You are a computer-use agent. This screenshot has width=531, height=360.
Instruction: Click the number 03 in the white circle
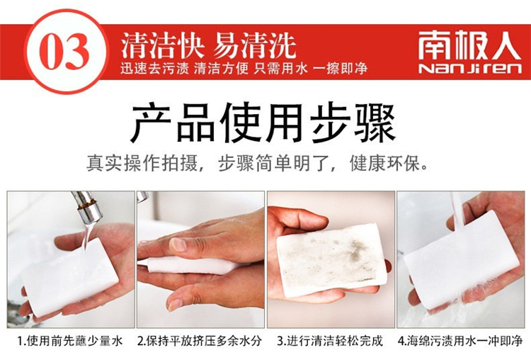pyautogui.click(x=64, y=52)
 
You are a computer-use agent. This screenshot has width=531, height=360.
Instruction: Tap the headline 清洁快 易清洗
pyautogui.click(x=209, y=45)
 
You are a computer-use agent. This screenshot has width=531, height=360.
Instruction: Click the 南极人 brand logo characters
pyautogui.click(x=469, y=46)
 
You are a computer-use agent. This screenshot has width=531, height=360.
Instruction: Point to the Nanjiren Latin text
pyautogui.click(x=470, y=68)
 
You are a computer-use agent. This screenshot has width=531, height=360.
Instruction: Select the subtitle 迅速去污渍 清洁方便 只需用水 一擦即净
pyautogui.click(x=244, y=69)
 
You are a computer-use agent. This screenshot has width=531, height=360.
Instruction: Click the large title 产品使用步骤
pyautogui.click(x=263, y=124)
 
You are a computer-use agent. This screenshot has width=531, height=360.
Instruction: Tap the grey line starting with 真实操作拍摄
pyautogui.click(x=258, y=164)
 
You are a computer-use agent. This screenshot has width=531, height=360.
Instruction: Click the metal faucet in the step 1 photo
pyautogui.click(x=86, y=207)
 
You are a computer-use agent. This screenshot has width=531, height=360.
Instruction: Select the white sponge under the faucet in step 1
pyautogui.click(x=71, y=276)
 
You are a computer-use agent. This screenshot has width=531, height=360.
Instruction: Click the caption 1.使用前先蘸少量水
pyautogui.click(x=70, y=341)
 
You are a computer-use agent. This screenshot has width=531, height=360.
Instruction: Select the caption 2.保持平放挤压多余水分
pyautogui.click(x=200, y=341)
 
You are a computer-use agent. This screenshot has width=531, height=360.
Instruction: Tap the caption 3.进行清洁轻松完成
pyautogui.click(x=330, y=341)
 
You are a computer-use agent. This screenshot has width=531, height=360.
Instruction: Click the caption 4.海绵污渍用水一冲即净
pyautogui.click(x=461, y=341)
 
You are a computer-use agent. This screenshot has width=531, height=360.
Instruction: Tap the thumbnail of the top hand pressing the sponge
pyautogui.click(x=179, y=244)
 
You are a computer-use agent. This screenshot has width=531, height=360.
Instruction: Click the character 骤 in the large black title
pyautogui.click(x=375, y=124)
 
